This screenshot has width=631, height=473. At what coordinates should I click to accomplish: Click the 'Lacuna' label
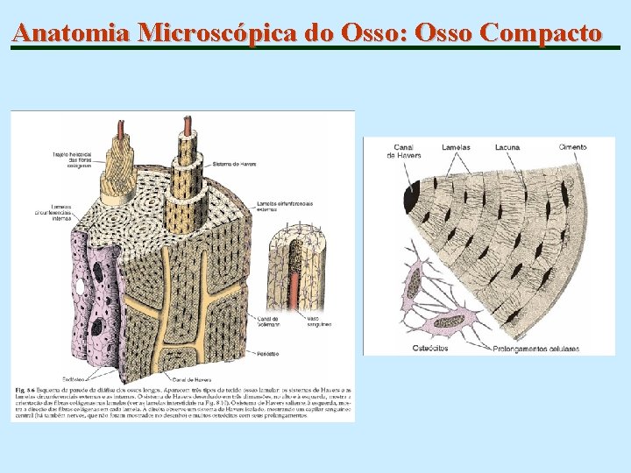coord(507,147)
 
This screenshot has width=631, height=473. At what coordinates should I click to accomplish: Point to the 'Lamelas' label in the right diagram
coord(456,147)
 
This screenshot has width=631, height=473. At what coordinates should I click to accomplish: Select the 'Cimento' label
coord(572,147)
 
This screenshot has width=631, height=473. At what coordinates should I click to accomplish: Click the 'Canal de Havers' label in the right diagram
coord(404,151)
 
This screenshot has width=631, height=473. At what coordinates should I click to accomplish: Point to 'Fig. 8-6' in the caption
coord(25,388)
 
